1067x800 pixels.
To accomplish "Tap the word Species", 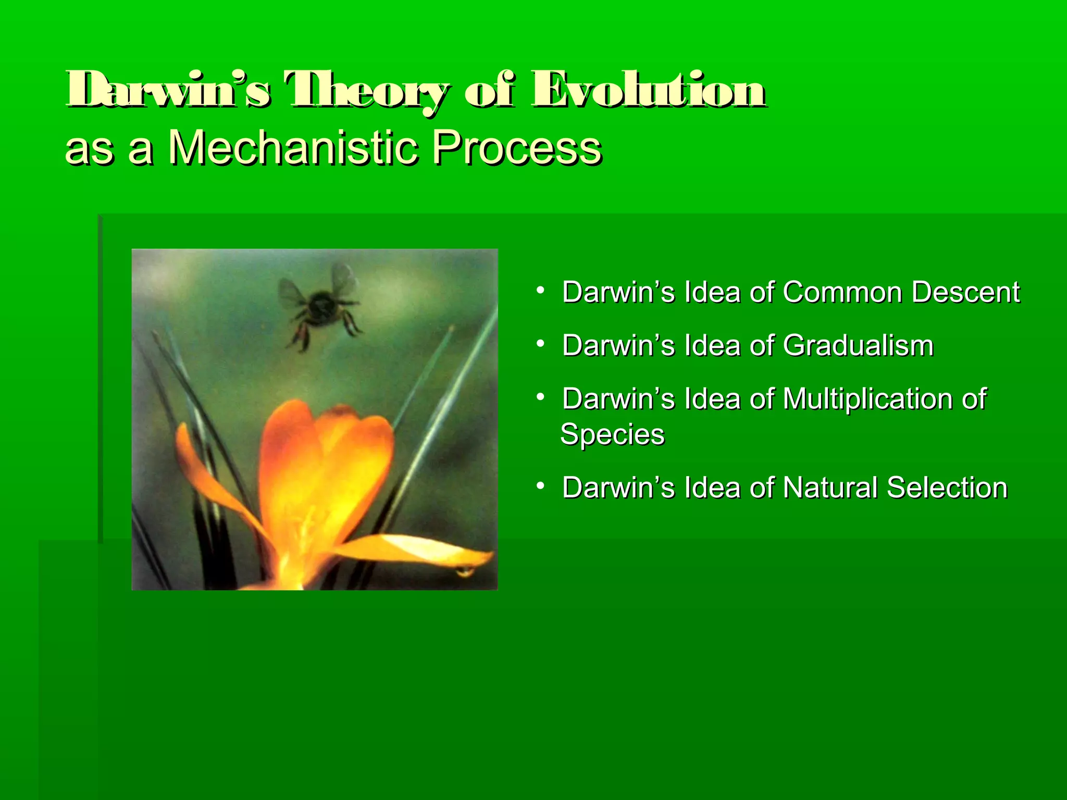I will click(612, 435).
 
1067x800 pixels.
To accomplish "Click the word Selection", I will click(947, 488).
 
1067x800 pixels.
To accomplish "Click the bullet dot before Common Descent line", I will click(541, 290).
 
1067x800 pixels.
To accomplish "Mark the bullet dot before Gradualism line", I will click(541, 344).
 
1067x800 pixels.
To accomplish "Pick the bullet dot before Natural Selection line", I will click(541, 486).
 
